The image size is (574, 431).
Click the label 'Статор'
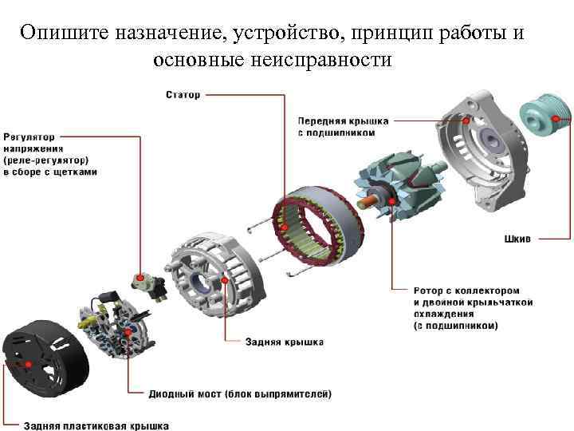(x=183, y=95)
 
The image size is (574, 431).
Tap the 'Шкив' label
(x=517, y=238)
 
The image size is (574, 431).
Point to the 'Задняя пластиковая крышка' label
(x=85, y=425)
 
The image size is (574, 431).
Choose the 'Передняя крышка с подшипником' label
(x=344, y=126)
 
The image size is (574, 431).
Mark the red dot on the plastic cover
(x=29, y=363)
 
